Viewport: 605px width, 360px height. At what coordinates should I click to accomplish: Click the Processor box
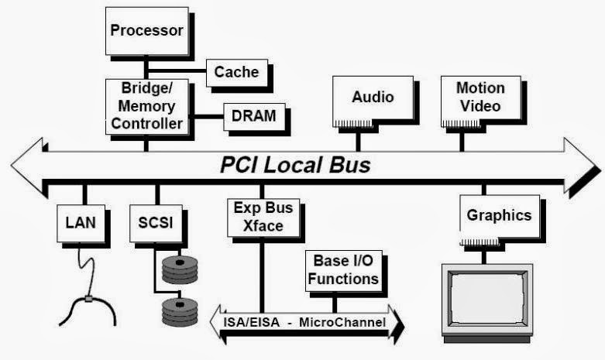[x=146, y=32]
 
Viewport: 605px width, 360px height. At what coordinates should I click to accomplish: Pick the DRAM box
[x=254, y=117]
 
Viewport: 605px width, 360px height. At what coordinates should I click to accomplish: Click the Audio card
[x=373, y=98]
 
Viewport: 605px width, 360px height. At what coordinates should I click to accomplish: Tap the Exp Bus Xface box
[x=260, y=217]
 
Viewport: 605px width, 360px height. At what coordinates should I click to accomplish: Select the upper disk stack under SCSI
[x=179, y=268]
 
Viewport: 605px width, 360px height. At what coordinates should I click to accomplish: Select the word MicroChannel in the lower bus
[x=349, y=321]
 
